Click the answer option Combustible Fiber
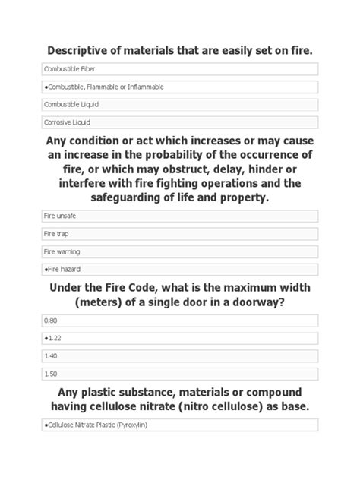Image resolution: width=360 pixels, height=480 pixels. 179,69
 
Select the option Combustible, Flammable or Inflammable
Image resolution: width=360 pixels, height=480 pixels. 179,87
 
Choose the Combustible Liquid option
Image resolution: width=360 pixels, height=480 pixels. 179,104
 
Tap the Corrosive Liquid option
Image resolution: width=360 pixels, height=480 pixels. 179,122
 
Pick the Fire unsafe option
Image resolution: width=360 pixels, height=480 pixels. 179,216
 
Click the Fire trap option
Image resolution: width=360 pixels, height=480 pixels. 179,233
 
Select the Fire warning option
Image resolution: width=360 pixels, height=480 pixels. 179,251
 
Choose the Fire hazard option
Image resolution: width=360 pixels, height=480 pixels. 179,268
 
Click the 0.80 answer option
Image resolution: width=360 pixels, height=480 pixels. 179,321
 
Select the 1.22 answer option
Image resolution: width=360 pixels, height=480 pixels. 179,338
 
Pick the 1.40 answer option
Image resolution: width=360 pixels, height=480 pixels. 179,355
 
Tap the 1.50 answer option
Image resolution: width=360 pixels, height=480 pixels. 179,373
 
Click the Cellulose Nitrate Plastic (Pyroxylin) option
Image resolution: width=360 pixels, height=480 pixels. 179,425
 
